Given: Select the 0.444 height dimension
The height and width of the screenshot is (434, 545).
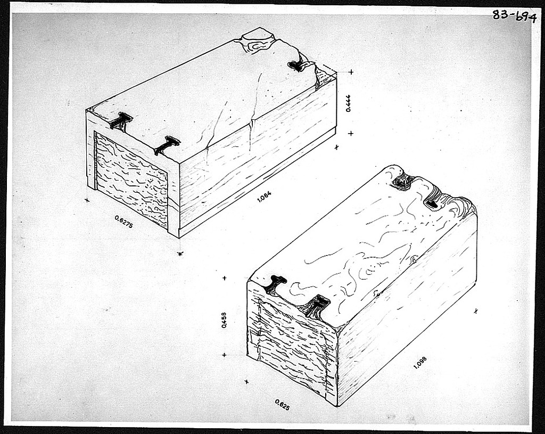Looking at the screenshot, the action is pyautogui.click(x=348, y=103).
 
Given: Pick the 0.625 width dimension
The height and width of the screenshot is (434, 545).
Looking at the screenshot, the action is pyautogui.click(x=282, y=405).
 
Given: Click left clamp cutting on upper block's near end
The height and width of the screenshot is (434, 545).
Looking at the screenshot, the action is pyautogui.click(x=120, y=121).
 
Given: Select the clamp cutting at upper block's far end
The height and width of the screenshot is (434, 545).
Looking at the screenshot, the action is pyautogui.click(x=298, y=65).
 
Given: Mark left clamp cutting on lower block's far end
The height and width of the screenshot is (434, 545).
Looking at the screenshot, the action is pyautogui.click(x=403, y=182).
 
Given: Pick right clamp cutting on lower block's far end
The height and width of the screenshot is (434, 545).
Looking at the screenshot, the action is pyautogui.click(x=433, y=203).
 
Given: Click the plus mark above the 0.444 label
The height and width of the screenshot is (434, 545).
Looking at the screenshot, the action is pyautogui.click(x=351, y=72).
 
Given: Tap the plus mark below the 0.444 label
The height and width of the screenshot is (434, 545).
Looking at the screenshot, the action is pyautogui.click(x=350, y=133).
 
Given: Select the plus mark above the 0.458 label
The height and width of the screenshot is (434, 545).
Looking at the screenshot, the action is pyautogui.click(x=225, y=278).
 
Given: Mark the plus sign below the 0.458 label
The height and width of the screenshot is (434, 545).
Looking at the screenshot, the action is pyautogui.click(x=225, y=355).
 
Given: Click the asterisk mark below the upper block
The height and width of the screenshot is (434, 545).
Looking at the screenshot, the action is pyautogui.click(x=180, y=253).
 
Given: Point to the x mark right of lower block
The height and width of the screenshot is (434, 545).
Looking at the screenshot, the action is pyautogui.click(x=476, y=311).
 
